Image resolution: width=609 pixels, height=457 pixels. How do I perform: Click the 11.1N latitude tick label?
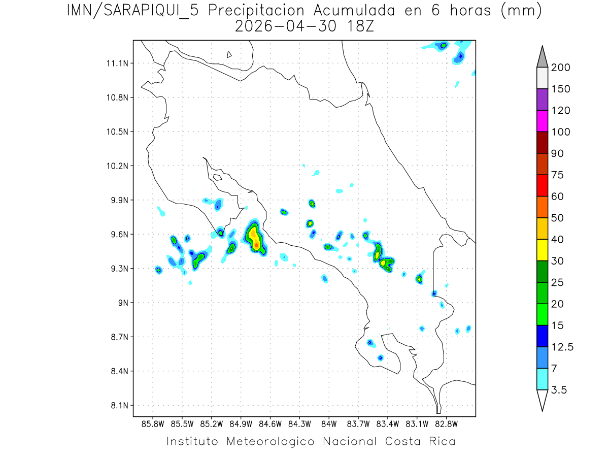[116, 63]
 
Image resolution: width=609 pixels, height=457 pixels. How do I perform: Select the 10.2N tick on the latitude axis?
[116, 166]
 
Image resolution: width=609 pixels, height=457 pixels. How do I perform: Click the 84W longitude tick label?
[329, 423]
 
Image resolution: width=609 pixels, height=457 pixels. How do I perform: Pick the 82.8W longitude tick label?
[446, 423]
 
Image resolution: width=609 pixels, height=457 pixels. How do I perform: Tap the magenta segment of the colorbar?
[542, 121]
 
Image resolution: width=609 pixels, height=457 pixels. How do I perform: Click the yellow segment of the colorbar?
[542, 250]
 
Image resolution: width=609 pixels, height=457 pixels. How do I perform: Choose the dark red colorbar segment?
[542, 142]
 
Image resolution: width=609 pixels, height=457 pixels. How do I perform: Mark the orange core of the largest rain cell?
[257, 245]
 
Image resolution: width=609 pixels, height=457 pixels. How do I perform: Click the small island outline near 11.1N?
[229, 55]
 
